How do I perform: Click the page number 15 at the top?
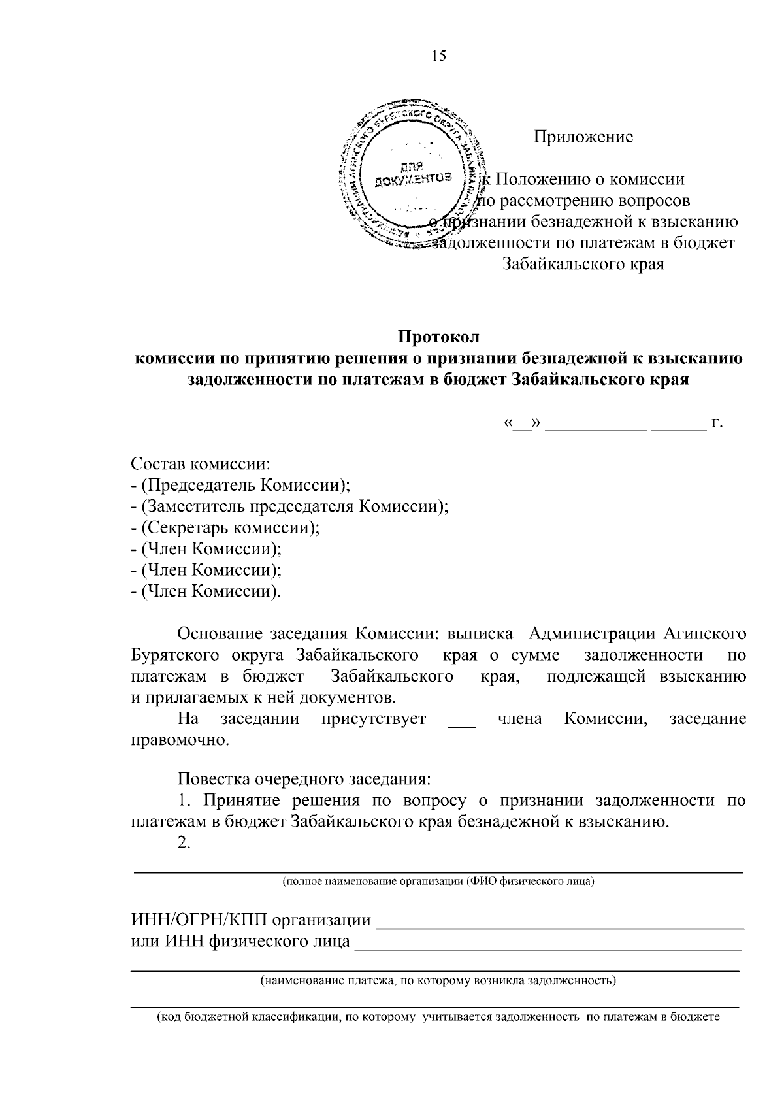click(x=438, y=56)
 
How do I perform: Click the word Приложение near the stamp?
click(x=583, y=137)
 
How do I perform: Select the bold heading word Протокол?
click(x=439, y=338)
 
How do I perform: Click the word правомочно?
click(x=180, y=740)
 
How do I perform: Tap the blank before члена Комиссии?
click(x=462, y=721)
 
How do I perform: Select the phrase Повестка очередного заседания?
click(x=304, y=779)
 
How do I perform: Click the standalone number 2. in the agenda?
click(x=184, y=843)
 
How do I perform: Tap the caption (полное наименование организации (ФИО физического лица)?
click(x=438, y=882)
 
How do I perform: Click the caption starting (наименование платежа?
click(x=438, y=980)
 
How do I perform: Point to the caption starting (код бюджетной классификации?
click(x=438, y=1017)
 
